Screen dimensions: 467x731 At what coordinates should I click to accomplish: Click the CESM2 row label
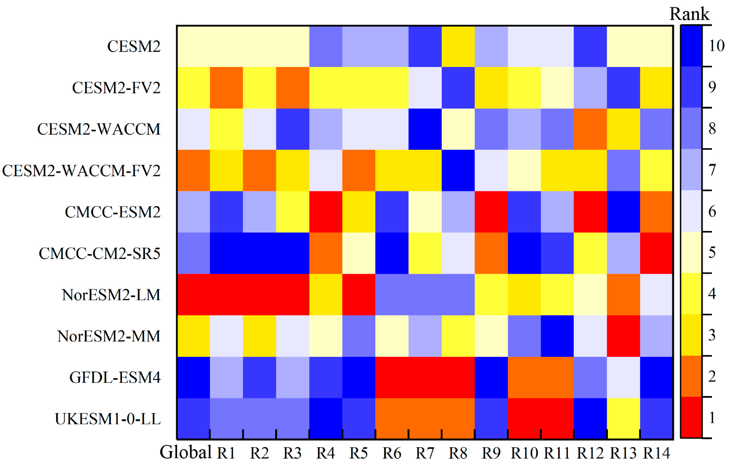pyautogui.click(x=134, y=46)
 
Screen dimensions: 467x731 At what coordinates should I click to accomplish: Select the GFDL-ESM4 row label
pyautogui.click(x=115, y=378)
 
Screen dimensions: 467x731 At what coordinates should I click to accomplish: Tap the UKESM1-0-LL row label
pyautogui.click(x=108, y=419)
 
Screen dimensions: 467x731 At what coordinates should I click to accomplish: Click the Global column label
pyautogui.click(x=185, y=452)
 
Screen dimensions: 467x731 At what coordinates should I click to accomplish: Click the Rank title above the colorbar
pyautogui.click(x=689, y=14)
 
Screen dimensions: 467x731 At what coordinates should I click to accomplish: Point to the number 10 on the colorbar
pyautogui.click(x=716, y=46)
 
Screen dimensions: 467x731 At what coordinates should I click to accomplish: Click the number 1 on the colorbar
pyautogui.click(x=712, y=418)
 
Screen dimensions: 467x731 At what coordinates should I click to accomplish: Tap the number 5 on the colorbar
pyautogui.click(x=712, y=253)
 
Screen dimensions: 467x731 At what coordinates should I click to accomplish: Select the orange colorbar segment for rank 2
pyautogui.click(x=691, y=376)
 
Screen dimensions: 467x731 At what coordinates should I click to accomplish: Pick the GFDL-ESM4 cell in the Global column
pyautogui.click(x=193, y=378)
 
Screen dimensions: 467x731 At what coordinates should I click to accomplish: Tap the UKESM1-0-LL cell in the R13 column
pyautogui.click(x=623, y=419)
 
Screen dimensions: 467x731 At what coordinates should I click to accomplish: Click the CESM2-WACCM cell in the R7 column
pyautogui.click(x=425, y=129)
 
